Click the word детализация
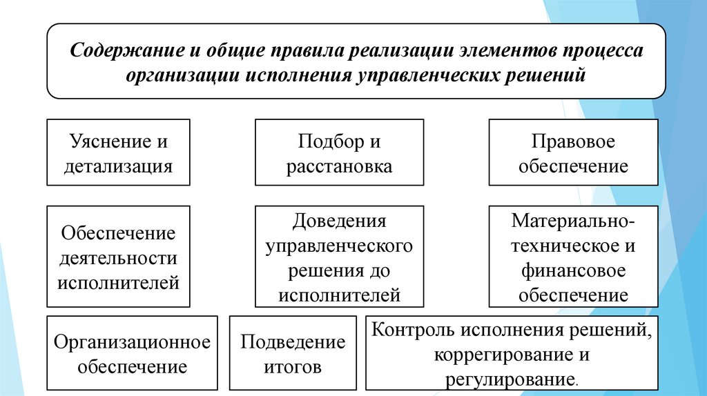pyautogui.click(x=118, y=166)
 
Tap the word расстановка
pyautogui.click(x=339, y=166)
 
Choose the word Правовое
pyautogui.click(x=573, y=142)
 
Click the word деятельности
pyautogui.click(x=118, y=258)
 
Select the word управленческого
pyautogui.click(x=339, y=246)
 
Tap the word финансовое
pyautogui.click(x=573, y=270)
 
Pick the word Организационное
pyautogui.click(x=132, y=341)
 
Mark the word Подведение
pyautogui.click(x=293, y=341)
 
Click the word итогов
pyautogui.click(x=293, y=366)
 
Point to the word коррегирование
pyautogui.click(x=501, y=355)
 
